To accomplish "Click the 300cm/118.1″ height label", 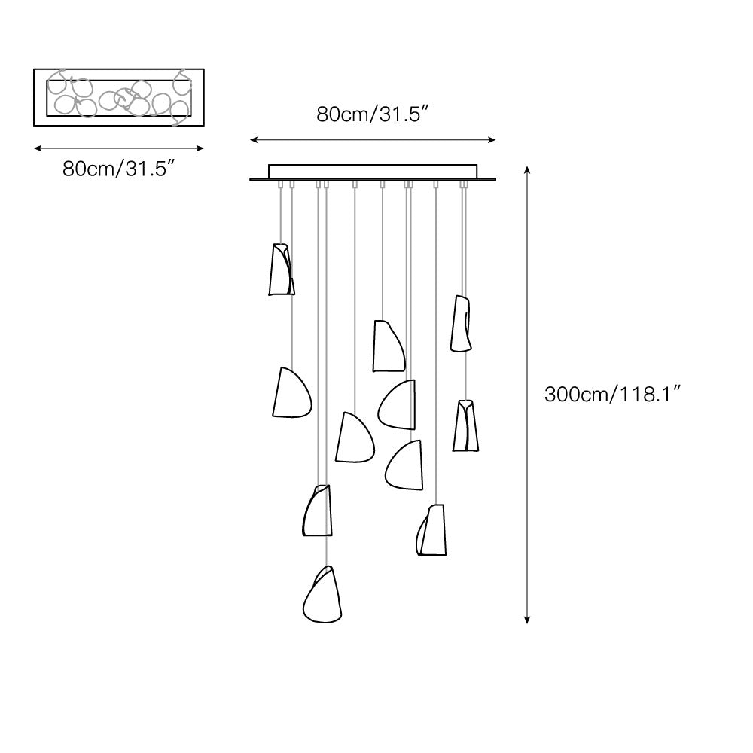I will click(613, 393).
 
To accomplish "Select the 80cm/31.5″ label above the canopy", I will click(373, 114).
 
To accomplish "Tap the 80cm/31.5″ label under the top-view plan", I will click(119, 168).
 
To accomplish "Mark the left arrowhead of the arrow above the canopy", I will click(254, 139).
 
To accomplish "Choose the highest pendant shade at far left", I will click(281, 269).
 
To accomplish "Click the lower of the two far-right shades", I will click(466, 425).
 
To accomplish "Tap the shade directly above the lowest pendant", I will click(316, 511).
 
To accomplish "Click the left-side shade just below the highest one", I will click(291, 393).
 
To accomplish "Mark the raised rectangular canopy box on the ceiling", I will click(373, 171).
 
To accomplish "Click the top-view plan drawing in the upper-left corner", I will click(119, 97).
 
